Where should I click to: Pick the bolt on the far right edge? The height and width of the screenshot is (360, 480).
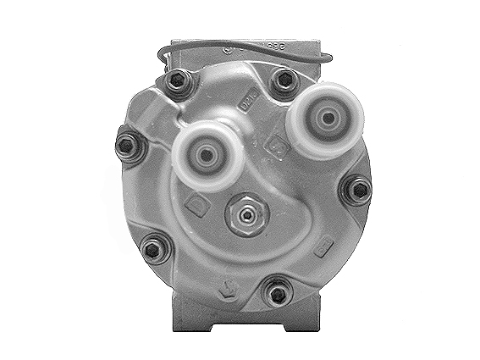point(357,190)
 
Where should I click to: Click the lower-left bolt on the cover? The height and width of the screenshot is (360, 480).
point(152,247)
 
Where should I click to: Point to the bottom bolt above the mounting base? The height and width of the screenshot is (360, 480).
point(276,293)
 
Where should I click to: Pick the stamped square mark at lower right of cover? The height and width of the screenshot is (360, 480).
point(323,247)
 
